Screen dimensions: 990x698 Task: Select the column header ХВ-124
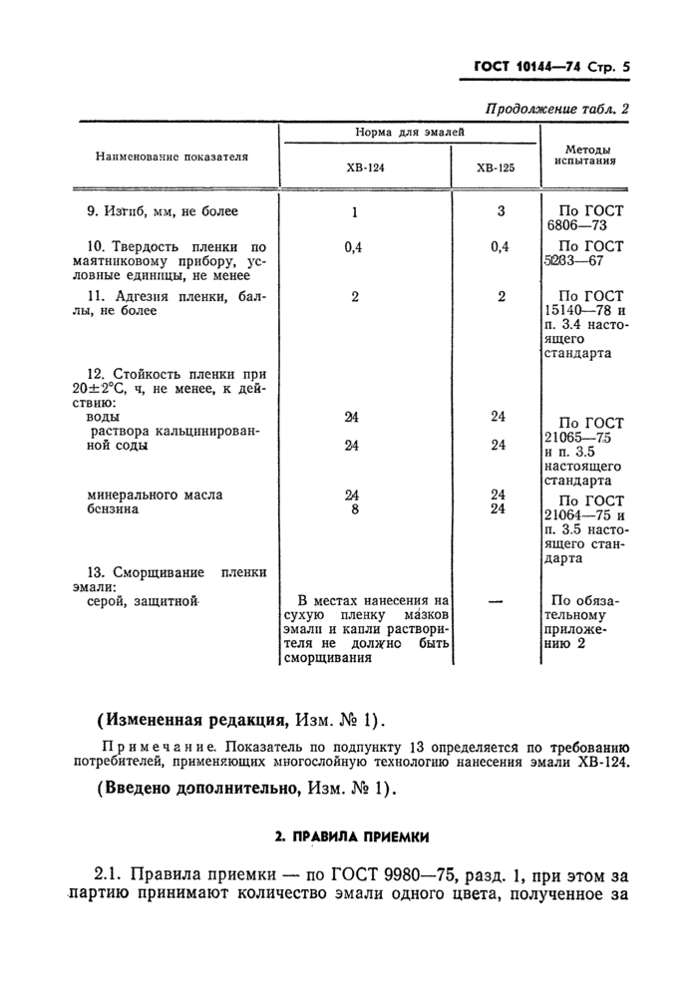pos(365,168)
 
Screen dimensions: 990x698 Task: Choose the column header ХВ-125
pos(496,168)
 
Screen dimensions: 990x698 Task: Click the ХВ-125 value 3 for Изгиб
pos(501,211)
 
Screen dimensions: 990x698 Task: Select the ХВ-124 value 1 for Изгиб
pos(355,212)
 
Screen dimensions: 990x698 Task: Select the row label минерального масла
pos(155,495)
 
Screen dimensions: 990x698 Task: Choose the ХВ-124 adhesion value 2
pos(355,296)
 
